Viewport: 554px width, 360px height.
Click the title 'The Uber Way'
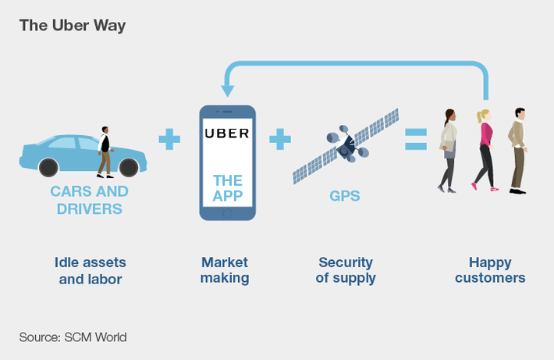[x=72, y=25]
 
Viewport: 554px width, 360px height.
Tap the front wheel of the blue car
[x=131, y=166]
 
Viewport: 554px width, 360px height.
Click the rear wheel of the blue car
[x=48, y=166]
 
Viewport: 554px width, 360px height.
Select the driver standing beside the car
[x=105, y=151]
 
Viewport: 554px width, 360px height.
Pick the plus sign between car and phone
[x=169, y=140]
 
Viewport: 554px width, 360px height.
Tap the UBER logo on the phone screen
[x=227, y=133]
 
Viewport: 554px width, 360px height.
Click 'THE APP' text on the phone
[x=227, y=188]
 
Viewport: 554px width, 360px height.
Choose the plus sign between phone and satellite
[x=280, y=140]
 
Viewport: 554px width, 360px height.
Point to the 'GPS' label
[x=344, y=194]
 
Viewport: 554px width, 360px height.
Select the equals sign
[x=415, y=140]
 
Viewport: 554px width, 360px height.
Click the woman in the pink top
[x=485, y=148]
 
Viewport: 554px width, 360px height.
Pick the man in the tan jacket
[x=518, y=148]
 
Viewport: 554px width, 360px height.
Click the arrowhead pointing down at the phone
[x=228, y=89]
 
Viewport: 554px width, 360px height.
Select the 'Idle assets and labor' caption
[x=91, y=269]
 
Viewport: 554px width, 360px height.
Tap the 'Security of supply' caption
[x=346, y=269]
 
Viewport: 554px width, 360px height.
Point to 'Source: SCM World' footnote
[x=73, y=337]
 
